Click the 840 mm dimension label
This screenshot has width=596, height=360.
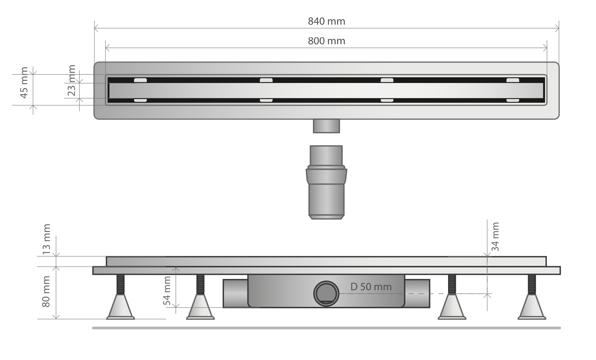click(326, 21)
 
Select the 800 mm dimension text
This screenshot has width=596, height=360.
click(326, 41)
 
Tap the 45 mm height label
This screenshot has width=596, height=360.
click(24, 83)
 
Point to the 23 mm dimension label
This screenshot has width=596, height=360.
click(71, 80)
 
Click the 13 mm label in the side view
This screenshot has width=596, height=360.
click(46, 239)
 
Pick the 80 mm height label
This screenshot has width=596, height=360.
click(46, 292)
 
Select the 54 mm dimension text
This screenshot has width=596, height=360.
click(167, 291)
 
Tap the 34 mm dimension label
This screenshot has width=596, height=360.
click(495, 237)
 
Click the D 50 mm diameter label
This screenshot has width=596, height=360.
click(371, 287)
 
